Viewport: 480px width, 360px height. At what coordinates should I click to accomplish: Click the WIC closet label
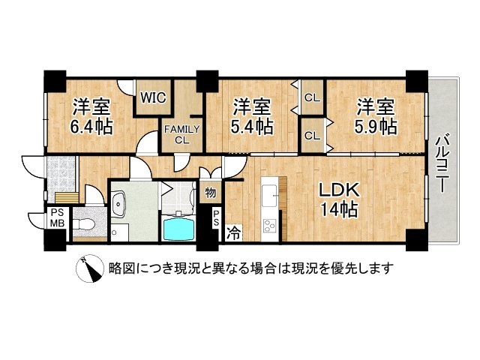click(x=153, y=97)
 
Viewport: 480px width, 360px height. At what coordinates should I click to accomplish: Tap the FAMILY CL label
click(x=181, y=135)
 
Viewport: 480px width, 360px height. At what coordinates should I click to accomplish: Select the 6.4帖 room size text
click(x=91, y=127)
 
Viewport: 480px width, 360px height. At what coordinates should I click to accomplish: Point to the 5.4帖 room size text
click(x=252, y=127)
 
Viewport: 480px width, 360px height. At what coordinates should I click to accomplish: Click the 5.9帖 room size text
click(x=376, y=127)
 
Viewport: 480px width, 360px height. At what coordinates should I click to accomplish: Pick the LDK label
click(x=339, y=190)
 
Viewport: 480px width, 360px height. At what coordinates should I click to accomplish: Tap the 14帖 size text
click(x=339, y=210)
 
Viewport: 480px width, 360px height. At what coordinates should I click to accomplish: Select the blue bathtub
click(x=179, y=228)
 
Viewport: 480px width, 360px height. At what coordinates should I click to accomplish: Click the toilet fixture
click(x=85, y=224)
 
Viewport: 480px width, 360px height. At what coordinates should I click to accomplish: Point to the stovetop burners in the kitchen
click(x=269, y=226)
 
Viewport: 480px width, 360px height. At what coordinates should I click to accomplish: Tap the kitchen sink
click(x=270, y=196)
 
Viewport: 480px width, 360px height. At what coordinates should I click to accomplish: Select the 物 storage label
click(x=210, y=193)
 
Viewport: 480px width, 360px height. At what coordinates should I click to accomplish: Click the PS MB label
click(x=57, y=218)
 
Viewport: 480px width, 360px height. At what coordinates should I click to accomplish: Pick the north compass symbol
click(x=90, y=268)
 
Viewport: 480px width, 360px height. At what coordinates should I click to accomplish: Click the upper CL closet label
click(x=312, y=98)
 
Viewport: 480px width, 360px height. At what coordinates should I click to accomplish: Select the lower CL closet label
click(x=312, y=136)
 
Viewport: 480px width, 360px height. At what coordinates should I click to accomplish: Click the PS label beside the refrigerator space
click(x=217, y=218)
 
